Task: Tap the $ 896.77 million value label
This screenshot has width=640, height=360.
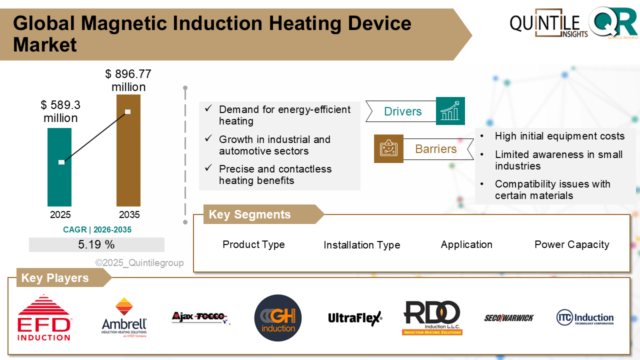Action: (128, 80)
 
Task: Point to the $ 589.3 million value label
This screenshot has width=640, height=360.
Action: (60, 111)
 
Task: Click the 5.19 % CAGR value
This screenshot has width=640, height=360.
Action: (96, 244)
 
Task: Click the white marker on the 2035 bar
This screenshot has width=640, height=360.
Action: (128, 111)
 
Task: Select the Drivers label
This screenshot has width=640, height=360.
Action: (402, 111)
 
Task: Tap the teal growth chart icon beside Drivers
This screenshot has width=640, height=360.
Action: (450, 111)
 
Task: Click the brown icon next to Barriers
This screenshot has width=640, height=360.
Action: (388, 148)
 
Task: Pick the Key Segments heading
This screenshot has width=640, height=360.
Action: (250, 214)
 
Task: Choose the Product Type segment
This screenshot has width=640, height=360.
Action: (253, 244)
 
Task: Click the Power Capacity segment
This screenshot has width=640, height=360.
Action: (571, 244)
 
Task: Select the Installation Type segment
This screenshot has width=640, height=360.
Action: (361, 245)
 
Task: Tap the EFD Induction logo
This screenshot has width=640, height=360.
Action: (44, 317)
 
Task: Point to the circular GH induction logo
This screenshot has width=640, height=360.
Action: (278, 318)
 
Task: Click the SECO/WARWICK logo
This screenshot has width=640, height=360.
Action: (508, 318)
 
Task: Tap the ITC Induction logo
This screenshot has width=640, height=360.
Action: (584, 318)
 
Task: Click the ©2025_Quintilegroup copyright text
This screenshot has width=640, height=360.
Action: (139, 263)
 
